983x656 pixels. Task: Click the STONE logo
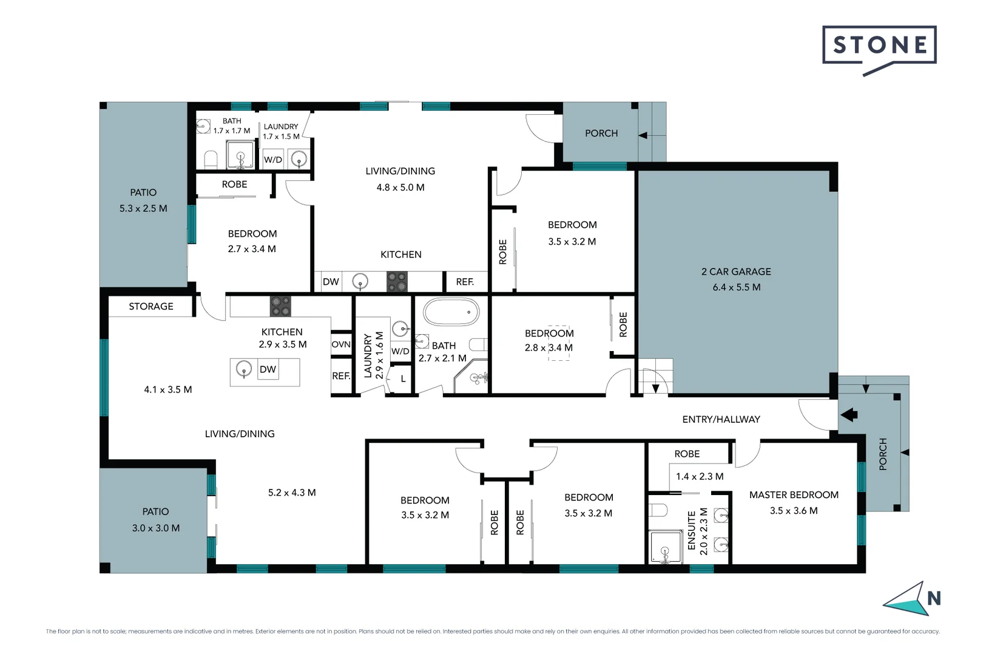pyautogui.click(x=879, y=46)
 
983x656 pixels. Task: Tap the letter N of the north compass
pyautogui.click(x=934, y=599)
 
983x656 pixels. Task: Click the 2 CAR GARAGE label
pyautogui.click(x=736, y=272)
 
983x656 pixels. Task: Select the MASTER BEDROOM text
pyautogui.click(x=794, y=495)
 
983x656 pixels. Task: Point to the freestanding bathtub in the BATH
pyautogui.click(x=451, y=312)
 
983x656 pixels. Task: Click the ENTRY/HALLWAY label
pyautogui.click(x=721, y=419)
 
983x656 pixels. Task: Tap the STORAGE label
pyautogui.click(x=151, y=307)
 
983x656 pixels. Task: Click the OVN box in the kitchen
pyautogui.click(x=341, y=344)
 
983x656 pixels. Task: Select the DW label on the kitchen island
pyautogui.click(x=268, y=369)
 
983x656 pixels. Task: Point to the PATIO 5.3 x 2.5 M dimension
pyautogui.click(x=143, y=208)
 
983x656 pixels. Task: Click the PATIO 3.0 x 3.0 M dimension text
pyautogui.click(x=156, y=528)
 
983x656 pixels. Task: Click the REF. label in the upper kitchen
pyautogui.click(x=465, y=282)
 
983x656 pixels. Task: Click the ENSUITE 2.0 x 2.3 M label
pyautogui.click(x=697, y=531)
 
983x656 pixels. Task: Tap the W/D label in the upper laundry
pyautogui.click(x=273, y=160)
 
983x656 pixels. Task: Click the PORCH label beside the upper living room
pyautogui.click(x=601, y=133)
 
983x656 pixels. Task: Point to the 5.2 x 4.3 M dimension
pyautogui.click(x=292, y=493)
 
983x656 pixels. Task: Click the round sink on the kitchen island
pyautogui.click(x=244, y=369)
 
